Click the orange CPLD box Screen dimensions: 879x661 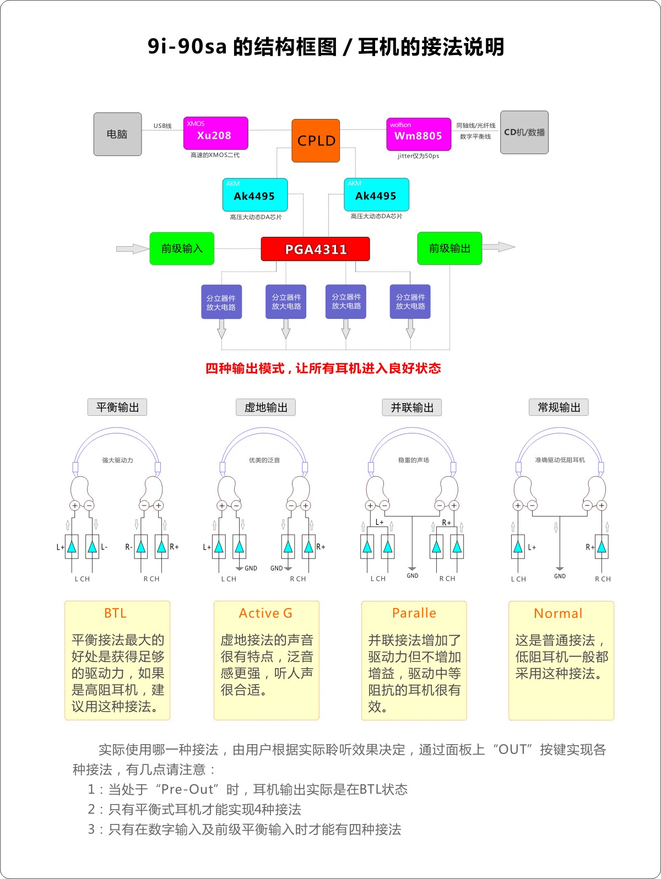[x=316, y=140]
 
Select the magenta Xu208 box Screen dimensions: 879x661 [x=215, y=133]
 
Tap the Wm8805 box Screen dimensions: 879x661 [x=419, y=134]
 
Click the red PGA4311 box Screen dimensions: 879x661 [x=315, y=249]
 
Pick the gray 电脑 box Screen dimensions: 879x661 [x=117, y=134]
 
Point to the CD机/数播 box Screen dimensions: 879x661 [x=524, y=132]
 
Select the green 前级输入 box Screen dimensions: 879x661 [x=182, y=248]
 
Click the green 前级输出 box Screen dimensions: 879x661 [x=449, y=248]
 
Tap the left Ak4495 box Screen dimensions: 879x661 [x=254, y=195]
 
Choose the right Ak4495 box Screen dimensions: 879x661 [x=376, y=194]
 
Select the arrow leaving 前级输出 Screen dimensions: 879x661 [x=499, y=247]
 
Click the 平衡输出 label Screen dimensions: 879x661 [x=117, y=407]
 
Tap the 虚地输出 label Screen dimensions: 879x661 [x=266, y=407]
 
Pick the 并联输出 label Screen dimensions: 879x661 [x=412, y=408]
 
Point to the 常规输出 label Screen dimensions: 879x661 [x=559, y=407]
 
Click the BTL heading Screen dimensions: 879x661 [x=115, y=613]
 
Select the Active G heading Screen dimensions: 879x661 [x=266, y=613]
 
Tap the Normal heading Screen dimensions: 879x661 [x=558, y=614]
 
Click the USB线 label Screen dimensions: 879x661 [x=162, y=126]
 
